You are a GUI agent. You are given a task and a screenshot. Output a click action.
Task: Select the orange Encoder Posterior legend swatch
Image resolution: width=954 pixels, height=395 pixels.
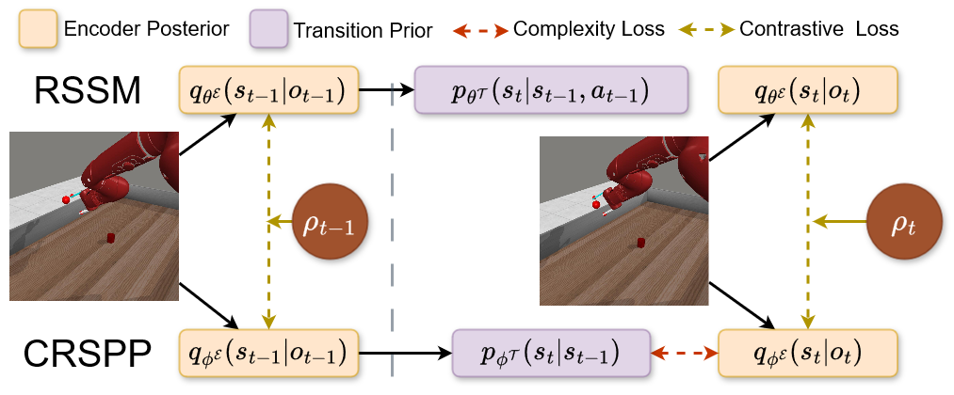point(35,27)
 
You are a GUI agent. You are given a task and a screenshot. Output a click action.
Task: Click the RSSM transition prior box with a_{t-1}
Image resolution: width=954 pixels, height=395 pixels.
point(549,90)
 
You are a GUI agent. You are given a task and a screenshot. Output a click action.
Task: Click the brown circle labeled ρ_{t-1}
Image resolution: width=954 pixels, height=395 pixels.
point(330,224)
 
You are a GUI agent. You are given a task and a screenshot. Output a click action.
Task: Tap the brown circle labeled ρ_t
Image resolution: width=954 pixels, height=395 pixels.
point(902,222)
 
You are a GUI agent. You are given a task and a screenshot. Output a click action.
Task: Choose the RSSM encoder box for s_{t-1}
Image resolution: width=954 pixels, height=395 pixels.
point(269,90)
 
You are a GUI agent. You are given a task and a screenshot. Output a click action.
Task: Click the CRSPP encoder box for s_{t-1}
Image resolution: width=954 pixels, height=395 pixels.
point(269,353)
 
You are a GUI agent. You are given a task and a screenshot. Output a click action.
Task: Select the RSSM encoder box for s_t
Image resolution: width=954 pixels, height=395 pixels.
point(807,90)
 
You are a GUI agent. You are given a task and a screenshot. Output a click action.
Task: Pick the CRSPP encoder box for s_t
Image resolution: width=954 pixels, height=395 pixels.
point(807,353)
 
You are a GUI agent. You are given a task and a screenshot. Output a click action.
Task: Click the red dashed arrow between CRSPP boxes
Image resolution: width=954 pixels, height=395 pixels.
point(685,353)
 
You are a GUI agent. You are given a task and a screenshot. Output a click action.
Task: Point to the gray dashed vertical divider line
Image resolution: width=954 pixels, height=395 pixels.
point(391,235)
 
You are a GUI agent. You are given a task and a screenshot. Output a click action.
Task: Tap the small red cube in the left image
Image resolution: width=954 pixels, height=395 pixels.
point(110,238)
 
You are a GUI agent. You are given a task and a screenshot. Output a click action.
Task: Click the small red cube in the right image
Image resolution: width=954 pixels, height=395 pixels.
point(641,243)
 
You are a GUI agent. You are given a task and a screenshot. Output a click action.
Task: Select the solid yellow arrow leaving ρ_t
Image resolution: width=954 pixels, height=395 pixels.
point(837,222)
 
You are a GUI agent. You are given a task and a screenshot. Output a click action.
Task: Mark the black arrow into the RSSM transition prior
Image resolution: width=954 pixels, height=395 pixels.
point(387,90)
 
